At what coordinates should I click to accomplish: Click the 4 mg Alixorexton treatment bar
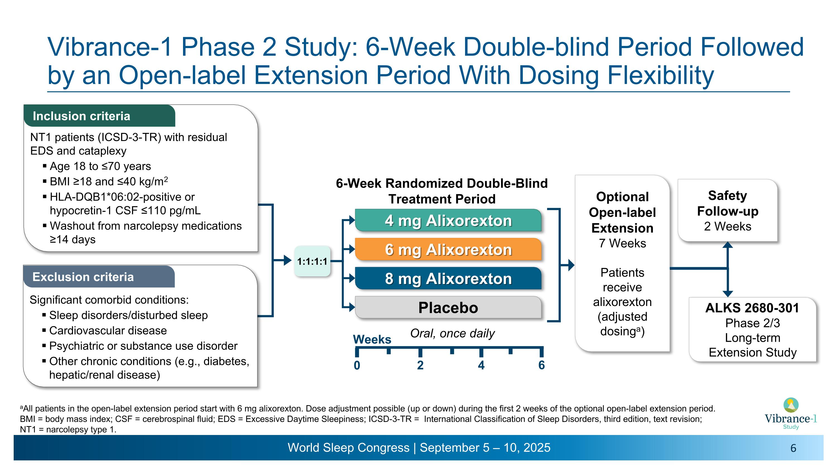pos(448,220)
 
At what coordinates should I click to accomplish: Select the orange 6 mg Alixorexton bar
pos(448,249)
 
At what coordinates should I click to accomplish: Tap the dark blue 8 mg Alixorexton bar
pos(448,279)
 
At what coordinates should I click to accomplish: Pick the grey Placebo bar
pos(448,307)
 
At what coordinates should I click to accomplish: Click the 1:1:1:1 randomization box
pos(312,261)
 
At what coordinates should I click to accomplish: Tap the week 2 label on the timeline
pos(420,365)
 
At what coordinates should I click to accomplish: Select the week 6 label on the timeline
pos(541,365)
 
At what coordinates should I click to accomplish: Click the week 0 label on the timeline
pos(357,365)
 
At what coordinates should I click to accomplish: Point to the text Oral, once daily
pos(452,333)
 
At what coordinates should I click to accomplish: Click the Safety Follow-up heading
pos(728,204)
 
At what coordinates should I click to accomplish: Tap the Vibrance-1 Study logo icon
pos(791,405)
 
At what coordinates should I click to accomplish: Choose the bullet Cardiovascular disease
pos(108,331)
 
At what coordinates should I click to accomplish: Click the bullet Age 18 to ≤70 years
pos(100,166)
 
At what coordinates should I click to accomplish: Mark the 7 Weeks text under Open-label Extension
pos(622,243)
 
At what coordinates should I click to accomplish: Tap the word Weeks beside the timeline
pos(372,339)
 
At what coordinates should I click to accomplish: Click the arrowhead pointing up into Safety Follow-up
pos(728,245)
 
